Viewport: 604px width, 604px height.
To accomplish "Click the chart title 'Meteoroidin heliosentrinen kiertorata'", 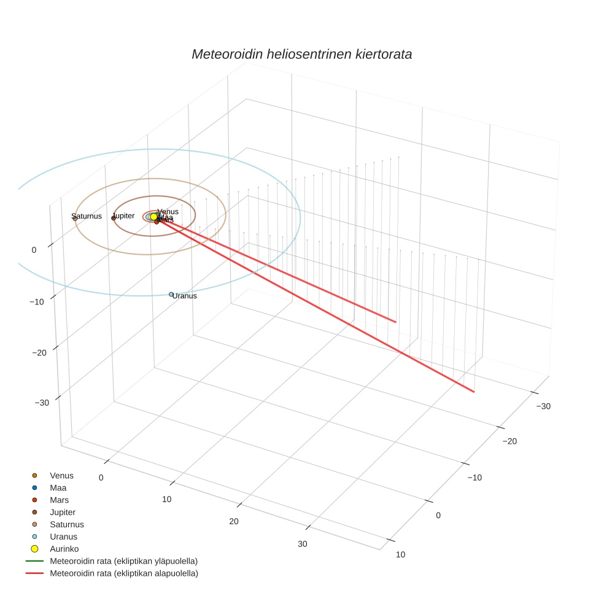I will point(301,54).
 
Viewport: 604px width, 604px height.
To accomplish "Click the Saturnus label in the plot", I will point(87,216).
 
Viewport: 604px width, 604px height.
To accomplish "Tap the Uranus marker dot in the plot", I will point(171,294).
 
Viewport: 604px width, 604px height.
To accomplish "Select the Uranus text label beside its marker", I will point(185,296).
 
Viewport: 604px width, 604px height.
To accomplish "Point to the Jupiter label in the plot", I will point(124,216).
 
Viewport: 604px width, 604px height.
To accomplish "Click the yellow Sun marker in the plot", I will point(153,217).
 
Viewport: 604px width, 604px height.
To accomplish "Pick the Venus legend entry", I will point(61,475).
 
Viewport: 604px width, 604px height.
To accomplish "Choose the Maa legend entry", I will point(58,487).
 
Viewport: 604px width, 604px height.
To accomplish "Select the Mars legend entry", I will point(59,500).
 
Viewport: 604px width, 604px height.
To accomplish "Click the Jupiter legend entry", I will point(63,512).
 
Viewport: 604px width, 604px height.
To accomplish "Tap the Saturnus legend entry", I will point(66,524).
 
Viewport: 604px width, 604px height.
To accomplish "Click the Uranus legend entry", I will point(63,536).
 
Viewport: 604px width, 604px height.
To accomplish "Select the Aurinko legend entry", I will point(64,549).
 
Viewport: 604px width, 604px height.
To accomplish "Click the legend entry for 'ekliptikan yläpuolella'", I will point(123,561).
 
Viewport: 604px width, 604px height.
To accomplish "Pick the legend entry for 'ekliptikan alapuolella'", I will point(123,573).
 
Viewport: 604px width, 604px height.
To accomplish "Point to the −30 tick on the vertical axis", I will point(42,403).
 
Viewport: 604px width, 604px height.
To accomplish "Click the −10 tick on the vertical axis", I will point(42,301).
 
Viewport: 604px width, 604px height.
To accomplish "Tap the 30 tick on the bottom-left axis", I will point(303,544).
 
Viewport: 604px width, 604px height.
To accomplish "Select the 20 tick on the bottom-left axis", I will point(233,521).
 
